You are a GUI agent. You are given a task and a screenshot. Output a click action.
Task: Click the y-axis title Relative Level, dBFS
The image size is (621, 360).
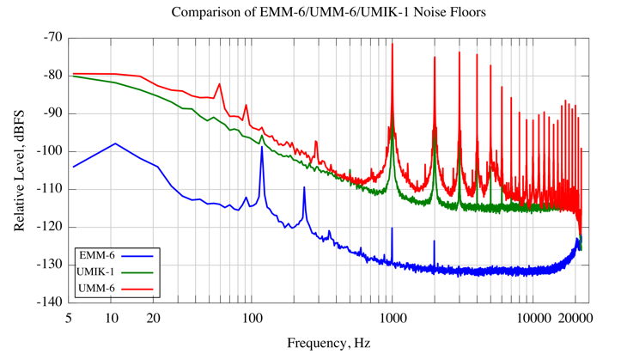tap(19, 169)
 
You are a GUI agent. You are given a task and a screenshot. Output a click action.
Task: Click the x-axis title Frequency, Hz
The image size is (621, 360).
tap(329, 343)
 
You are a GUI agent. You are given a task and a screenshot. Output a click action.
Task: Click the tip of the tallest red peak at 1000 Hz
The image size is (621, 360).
tap(393, 44)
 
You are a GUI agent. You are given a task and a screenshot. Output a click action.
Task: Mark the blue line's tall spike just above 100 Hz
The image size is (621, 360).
tap(262, 147)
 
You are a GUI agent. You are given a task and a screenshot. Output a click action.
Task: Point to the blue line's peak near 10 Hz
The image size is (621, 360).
tap(115, 143)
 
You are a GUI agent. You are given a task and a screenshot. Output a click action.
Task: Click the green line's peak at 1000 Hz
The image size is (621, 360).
tap(393, 129)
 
